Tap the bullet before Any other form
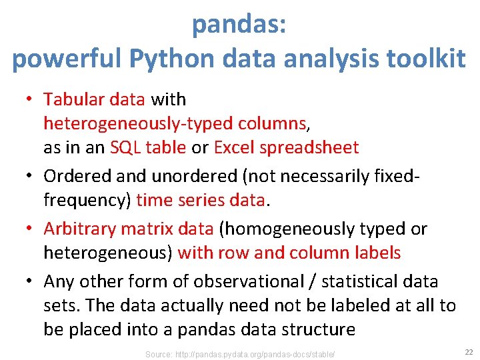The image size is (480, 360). click(30, 281)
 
